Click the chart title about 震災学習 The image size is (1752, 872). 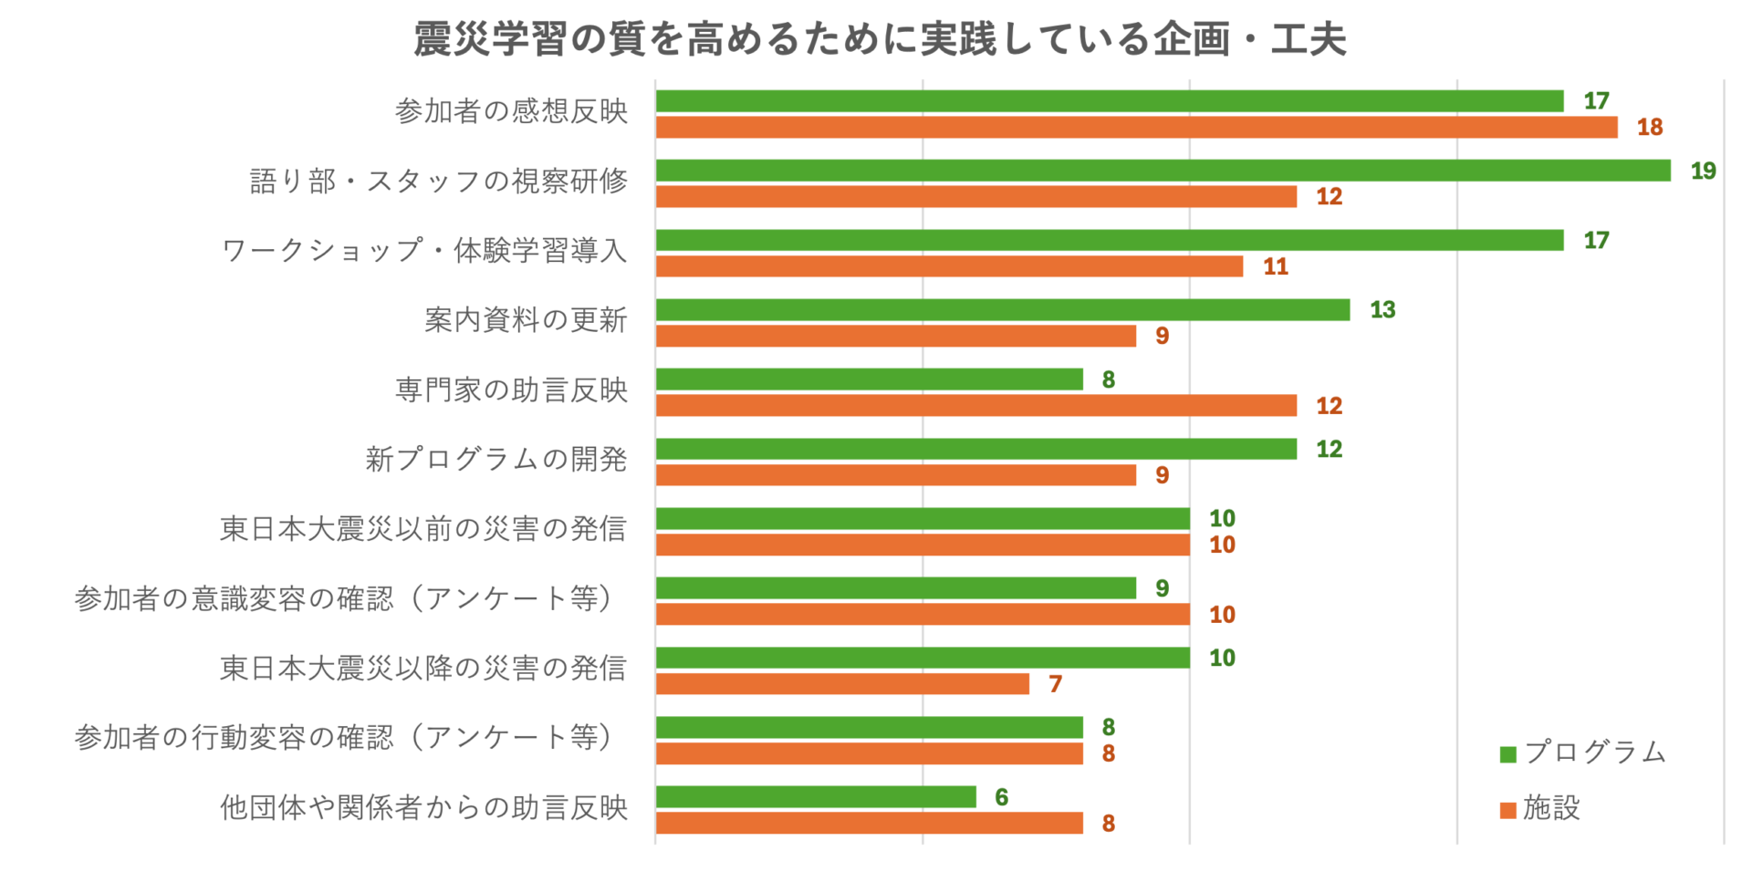click(x=879, y=39)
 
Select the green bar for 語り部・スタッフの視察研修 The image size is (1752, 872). click(x=1163, y=171)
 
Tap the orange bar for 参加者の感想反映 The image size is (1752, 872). click(x=1136, y=128)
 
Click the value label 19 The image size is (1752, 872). click(x=1703, y=171)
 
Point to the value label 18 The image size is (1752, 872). click(x=1649, y=128)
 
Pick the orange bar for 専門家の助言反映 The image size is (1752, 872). click(x=975, y=406)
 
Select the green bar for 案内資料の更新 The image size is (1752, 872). click(x=1002, y=310)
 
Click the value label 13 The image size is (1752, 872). click(x=1382, y=310)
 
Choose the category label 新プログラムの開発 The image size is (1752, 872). click(x=496, y=459)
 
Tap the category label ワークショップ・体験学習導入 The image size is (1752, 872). click(x=424, y=250)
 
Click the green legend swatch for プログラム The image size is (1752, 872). click(x=1507, y=754)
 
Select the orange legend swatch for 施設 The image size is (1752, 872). click(x=1507, y=810)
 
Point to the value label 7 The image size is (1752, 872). click(x=1055, y=684)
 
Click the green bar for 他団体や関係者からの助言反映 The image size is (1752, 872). click(x=815, y=797)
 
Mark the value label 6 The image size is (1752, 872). click(x=1001, y=797)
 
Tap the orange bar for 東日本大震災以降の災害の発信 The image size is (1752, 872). click(x=841, y=684)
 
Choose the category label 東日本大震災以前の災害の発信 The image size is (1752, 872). click(x=423, y=529)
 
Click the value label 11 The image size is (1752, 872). click(x=1275, y=266)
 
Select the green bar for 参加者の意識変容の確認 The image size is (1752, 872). click(x=895, y=588)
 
